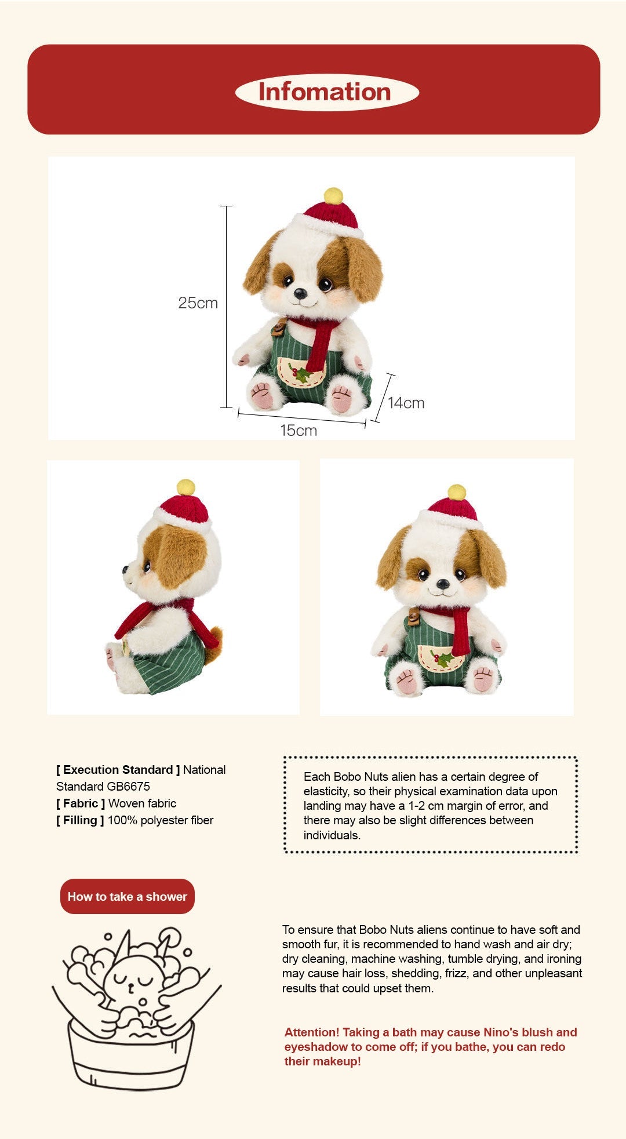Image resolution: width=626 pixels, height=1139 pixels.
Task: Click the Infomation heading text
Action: pyautogui.click(x=325, y=92)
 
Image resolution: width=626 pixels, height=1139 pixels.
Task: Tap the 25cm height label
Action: pyautogui.click(x=198, y=303)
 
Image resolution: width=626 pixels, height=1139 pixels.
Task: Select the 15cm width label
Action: pyautogui.click(x=299, y=431)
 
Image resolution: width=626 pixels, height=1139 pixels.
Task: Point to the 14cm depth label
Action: pyautogui.click(x=406, y=403)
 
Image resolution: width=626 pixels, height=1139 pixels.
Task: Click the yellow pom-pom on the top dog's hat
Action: pyautogui.click(x=333, y=195)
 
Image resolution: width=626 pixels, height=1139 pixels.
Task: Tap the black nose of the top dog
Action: pyautogui.click(x=300, y=293)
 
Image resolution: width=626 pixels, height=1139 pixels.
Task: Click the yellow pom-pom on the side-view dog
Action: pyautogui.click(x=185, y=487)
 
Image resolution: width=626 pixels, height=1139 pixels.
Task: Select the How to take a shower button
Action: pyautogui.click(x=128, y=897)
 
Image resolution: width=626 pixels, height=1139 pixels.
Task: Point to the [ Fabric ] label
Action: pyautogui.click(x=81, y=803)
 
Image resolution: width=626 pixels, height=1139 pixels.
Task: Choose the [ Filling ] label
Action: pyautogui.click(x=80, y=820)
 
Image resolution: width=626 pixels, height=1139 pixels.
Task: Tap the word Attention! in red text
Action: pyautogui.click(x=311, y=1032)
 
